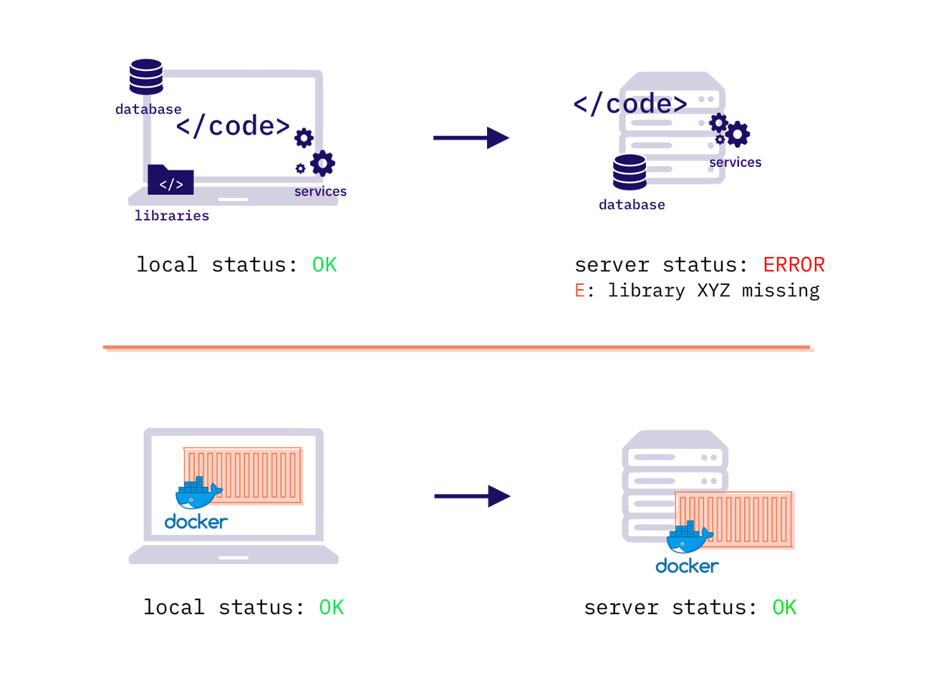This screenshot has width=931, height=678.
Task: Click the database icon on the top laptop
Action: pyautogui.click(x=146, y=75)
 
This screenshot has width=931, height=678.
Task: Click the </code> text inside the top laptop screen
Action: pyautogui.click(x=233, y=127)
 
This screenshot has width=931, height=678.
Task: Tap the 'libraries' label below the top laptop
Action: pyautogui.click(x=172, y=215)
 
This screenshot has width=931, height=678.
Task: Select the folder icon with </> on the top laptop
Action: pyautogui.click(x=170, y=183)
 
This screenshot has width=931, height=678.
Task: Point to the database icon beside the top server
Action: pyautogui.click(x=629, y=172)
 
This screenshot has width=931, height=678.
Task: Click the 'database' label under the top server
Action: pyautogui.click(x=632, y=205)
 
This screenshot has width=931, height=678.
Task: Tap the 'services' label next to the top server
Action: pyautogui.click(x=735, y=163)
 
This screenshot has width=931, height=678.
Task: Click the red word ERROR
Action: pyautogui.click(x=793, y=265)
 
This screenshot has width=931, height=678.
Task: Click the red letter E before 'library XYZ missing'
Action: pyautogui.click(x=579, y=290)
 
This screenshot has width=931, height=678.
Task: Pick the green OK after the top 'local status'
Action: pyautogui.click(x=324, y=265)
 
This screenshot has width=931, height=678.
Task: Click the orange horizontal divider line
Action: pyautogui.click(x=458, y=349)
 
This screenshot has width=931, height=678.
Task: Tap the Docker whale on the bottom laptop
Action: pyautogui.click(x=198, y=493)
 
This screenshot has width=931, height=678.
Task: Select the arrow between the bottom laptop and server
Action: pyautogui.click(x=472, y=495)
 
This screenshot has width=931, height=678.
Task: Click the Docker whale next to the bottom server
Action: pyautogui.click(x=689, y=538)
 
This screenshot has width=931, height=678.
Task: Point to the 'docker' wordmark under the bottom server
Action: pyautogui.click(x=686, y=566)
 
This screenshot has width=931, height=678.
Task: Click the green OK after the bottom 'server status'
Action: pyautogui.click(x=784, y=607)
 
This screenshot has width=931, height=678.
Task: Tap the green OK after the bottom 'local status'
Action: pyautogui.click(x=332, y=607)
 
